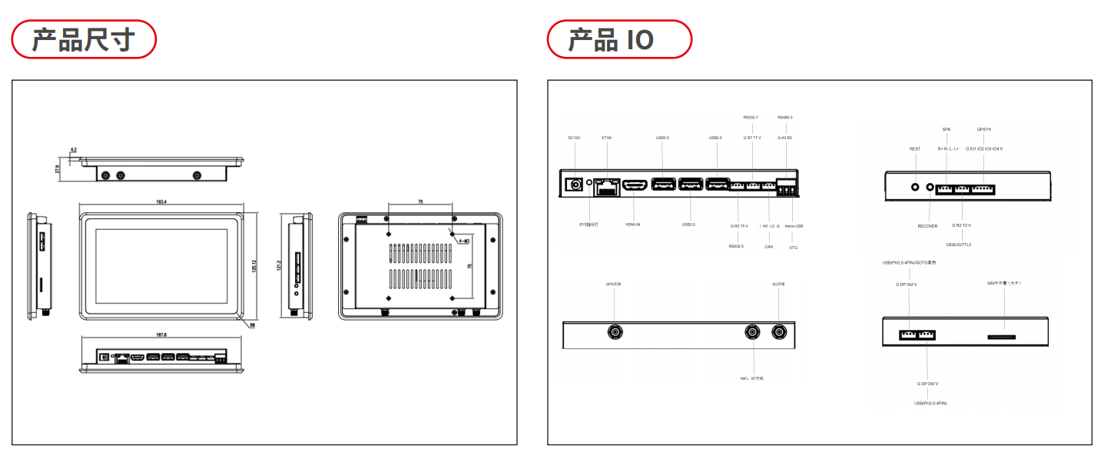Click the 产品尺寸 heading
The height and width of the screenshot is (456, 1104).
click(83, 39)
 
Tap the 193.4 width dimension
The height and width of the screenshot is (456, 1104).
click(161, 202)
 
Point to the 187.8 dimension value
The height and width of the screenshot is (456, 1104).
click(161, 335)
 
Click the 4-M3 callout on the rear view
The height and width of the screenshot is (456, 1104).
click(463, 241)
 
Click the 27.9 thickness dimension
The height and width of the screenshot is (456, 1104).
click(58, 169)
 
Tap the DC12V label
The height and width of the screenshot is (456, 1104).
click(574, 138)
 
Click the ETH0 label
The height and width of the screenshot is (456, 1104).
click(607, 138)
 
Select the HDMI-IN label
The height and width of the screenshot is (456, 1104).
click(633, 225)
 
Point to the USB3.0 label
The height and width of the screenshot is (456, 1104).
click(662, 138)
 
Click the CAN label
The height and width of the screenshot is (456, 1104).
click(768, 247)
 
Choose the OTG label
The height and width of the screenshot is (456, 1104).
click(793, 247)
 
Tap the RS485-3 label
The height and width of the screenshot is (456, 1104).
click(784, 117)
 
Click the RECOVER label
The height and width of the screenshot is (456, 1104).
click(927, 226)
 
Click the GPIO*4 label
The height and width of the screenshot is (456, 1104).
click(983, 129)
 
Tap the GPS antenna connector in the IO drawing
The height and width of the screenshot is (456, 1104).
click(615, 332)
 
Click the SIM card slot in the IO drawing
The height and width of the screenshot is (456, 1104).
click(1001, 336)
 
